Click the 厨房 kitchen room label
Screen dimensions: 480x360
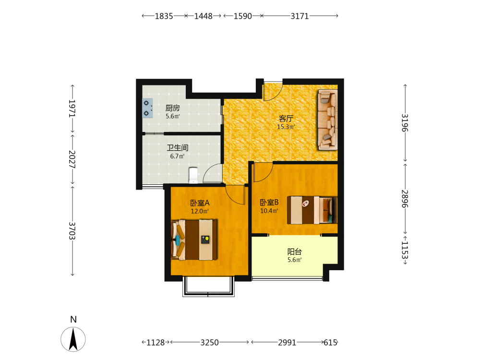(x=173, y=108)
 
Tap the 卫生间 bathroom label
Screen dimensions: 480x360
(x=178, y=148)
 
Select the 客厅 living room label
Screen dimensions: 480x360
(x=286, y=119)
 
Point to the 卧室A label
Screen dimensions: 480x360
(x=200, y=203)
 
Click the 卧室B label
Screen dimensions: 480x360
(x=269, y=203)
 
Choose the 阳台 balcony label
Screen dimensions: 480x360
(x=295, y=252)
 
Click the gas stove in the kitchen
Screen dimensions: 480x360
(x=147, y=108)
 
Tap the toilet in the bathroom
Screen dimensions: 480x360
(x=193, y=175)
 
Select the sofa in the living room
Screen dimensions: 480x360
(x=328, y=120)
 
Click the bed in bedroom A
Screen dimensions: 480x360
(x=194, y=240)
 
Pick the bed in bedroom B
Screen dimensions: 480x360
(x=312, y=210)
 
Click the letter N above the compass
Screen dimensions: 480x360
(x=73, y=320)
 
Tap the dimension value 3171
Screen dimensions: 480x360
(x=300, y=16)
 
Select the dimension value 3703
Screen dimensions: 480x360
(x=72, y=231)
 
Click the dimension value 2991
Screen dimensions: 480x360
(x=287, y=342)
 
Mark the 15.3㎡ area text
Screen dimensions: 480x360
(x=286, y=127)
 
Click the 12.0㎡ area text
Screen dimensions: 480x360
(x=200, y=211)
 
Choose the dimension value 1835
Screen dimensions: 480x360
(x=164, y=16)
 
